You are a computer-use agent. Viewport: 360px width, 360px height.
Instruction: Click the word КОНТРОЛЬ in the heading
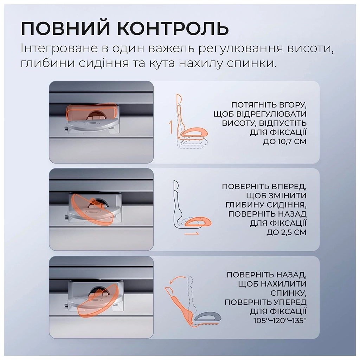pyautogui.click(x=171, y=28)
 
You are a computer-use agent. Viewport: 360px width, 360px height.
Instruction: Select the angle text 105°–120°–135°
pyautogui.click(x=280, y=321)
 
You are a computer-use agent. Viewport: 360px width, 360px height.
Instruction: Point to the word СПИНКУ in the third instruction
pyautogui.click(x=288, y=293)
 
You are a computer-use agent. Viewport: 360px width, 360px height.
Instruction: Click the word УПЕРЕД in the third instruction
pyautogui.click(x=288, y=302)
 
